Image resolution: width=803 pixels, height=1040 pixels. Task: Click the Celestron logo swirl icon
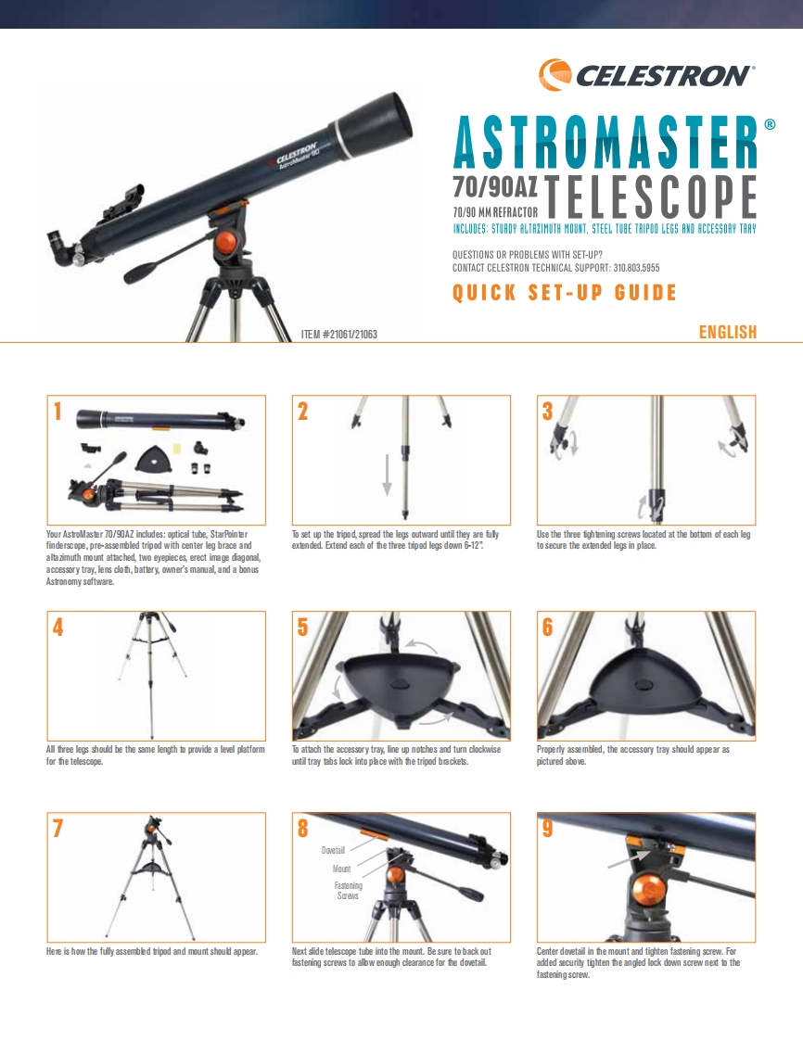[554, 74]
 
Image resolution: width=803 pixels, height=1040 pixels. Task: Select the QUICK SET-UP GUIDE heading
[564, 294]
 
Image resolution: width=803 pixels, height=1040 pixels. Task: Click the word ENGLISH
[727, 332]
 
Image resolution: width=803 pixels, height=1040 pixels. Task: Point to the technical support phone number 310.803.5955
[636, 267]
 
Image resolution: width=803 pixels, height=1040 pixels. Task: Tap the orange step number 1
[57, 412]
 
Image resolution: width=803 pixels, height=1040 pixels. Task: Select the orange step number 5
[302, 628]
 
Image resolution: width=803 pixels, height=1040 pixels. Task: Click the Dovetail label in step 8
[333, 850]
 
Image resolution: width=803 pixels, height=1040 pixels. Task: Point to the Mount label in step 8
[341, 869]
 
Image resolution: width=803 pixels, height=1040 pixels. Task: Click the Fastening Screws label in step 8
[348, 891]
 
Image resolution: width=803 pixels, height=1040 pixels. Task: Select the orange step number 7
[57, 829]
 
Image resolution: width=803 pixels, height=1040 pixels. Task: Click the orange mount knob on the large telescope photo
[226, 244]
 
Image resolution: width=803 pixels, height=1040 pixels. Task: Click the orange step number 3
[547, 412]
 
